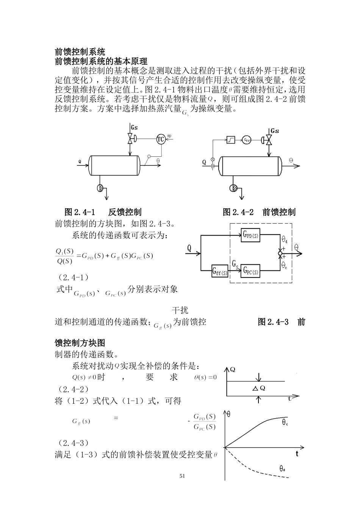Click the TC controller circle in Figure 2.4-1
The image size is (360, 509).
click(161, 139)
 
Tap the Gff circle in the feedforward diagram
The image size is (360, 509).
click(247, 140)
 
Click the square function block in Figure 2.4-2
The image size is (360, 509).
click(231, 140)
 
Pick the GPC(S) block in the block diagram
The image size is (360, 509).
click(250, 271)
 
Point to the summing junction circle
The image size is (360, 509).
click(281, 253)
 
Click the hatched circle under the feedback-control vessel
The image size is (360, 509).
click(100, 188)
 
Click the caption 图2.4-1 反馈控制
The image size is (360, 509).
click(103, 212)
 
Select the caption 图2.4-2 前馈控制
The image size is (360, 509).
click(259, 212)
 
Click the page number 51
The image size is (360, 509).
click(182, 476)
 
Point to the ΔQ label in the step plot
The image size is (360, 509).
click(259, 388)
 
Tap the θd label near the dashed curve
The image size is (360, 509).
click(282, 469)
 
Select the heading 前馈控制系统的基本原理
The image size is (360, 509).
click(101, 61)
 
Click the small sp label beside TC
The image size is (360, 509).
click(169, 136)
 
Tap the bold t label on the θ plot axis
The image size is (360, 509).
click(297, 453)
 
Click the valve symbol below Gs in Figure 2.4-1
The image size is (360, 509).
click(131, 139)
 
